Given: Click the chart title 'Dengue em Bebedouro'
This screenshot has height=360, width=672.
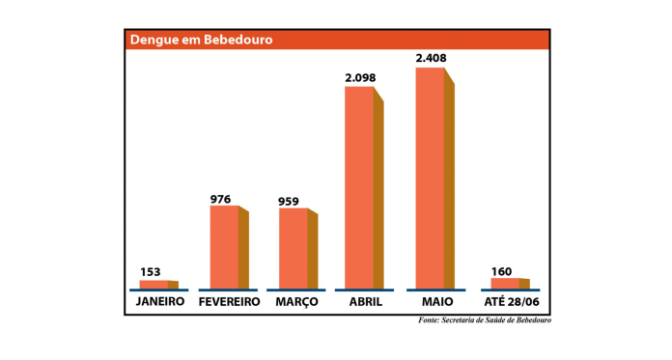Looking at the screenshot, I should click(x=202, y=40).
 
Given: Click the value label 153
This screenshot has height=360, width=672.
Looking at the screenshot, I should click(x=150, y=271).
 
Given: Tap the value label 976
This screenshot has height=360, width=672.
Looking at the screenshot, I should click(x=221, y=199).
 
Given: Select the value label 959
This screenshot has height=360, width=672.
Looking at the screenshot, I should click(x=289, y=202).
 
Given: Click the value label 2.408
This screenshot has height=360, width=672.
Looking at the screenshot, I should click(x=431, y=58).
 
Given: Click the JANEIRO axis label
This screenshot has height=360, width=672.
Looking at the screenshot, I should click(x=159, y=302).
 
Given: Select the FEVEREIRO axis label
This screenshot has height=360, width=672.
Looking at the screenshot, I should click(x=229, y=302).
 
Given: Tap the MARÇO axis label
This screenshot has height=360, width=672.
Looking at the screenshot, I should click(x=296, y=302).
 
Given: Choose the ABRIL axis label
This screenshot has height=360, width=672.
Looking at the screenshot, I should click(x=365, y=302).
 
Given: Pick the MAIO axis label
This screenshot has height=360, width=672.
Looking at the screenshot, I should click(x=437, y=302).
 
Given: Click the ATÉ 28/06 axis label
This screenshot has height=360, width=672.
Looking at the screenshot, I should click(x=511, y=302).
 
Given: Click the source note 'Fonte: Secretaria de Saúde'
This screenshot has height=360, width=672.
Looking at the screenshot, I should click(x=484, y=320).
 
